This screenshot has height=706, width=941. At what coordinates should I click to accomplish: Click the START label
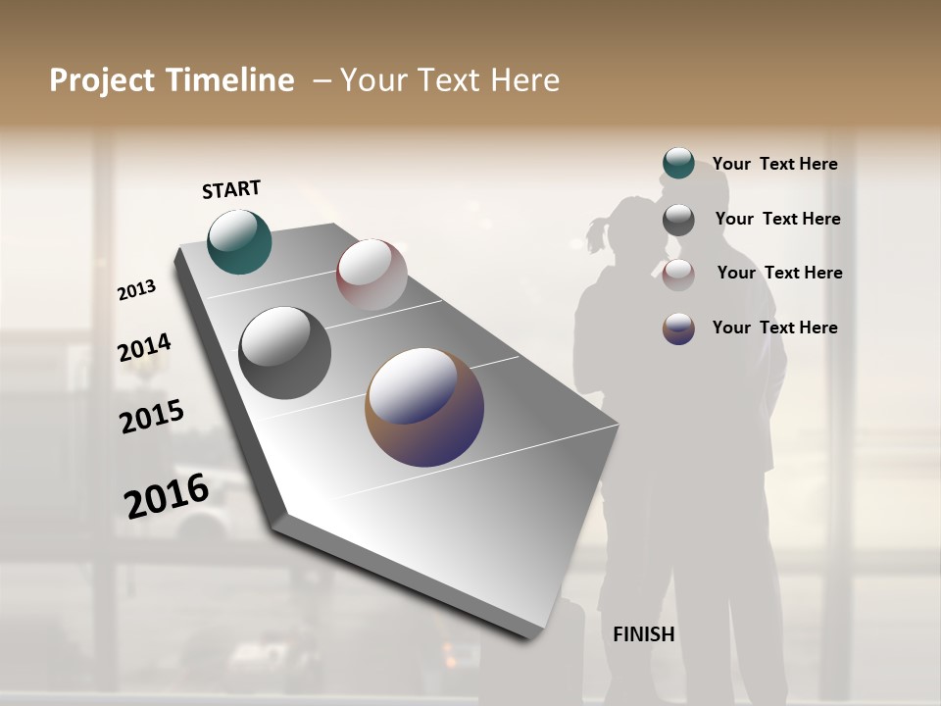tap(231, 189)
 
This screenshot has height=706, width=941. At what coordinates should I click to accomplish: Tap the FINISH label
tap(644, 634)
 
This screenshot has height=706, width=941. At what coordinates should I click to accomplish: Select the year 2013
tap(136, 290)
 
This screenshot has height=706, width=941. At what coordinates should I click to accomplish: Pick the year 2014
tap(144, 348)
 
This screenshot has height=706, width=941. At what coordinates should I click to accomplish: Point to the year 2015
tap(152, 417)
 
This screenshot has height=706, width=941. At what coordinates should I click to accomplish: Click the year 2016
tap(167, 497)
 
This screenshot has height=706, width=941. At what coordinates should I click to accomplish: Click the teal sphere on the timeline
tap(239, 241)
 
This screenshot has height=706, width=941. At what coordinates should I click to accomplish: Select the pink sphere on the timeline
tap(371, 274)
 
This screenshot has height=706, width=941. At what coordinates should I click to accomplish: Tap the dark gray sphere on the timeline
tap(284, 353)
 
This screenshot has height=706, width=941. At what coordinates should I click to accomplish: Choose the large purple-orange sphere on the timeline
tap(424, 407)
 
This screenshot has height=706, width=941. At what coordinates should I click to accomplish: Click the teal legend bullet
tap(678, 164)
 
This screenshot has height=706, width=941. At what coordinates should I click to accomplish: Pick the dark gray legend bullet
tap(678, 220)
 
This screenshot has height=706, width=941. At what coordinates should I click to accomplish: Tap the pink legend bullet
tap(678, 275)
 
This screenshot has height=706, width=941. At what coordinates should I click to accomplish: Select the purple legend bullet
tap(678, 328)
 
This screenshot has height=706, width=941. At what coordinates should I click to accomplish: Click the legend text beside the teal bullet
tap(774, 165)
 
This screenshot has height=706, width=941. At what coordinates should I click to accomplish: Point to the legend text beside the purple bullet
tap(774, 328)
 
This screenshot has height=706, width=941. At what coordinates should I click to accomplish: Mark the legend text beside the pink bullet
tap(779, 273)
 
